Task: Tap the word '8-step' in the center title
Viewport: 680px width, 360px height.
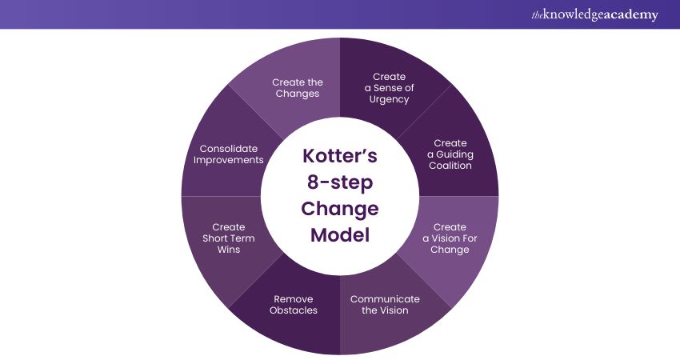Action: (x=339, y=182)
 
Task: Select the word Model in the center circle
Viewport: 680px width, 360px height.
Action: (x=339, y=236)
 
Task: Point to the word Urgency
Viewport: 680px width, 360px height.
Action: (x=390, y=99)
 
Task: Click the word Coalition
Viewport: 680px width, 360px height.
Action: (x=450, y=166)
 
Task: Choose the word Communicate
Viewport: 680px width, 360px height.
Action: (x=384, y=299)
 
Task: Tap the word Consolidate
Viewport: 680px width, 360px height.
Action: (x=228, y=148)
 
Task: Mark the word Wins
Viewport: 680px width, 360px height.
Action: (x=229, y=250)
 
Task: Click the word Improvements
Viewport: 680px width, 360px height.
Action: (x=228, y=159)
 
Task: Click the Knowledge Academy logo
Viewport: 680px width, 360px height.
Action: (x=594, y=14)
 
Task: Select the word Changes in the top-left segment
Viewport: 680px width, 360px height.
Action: (x=298, y=94)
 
